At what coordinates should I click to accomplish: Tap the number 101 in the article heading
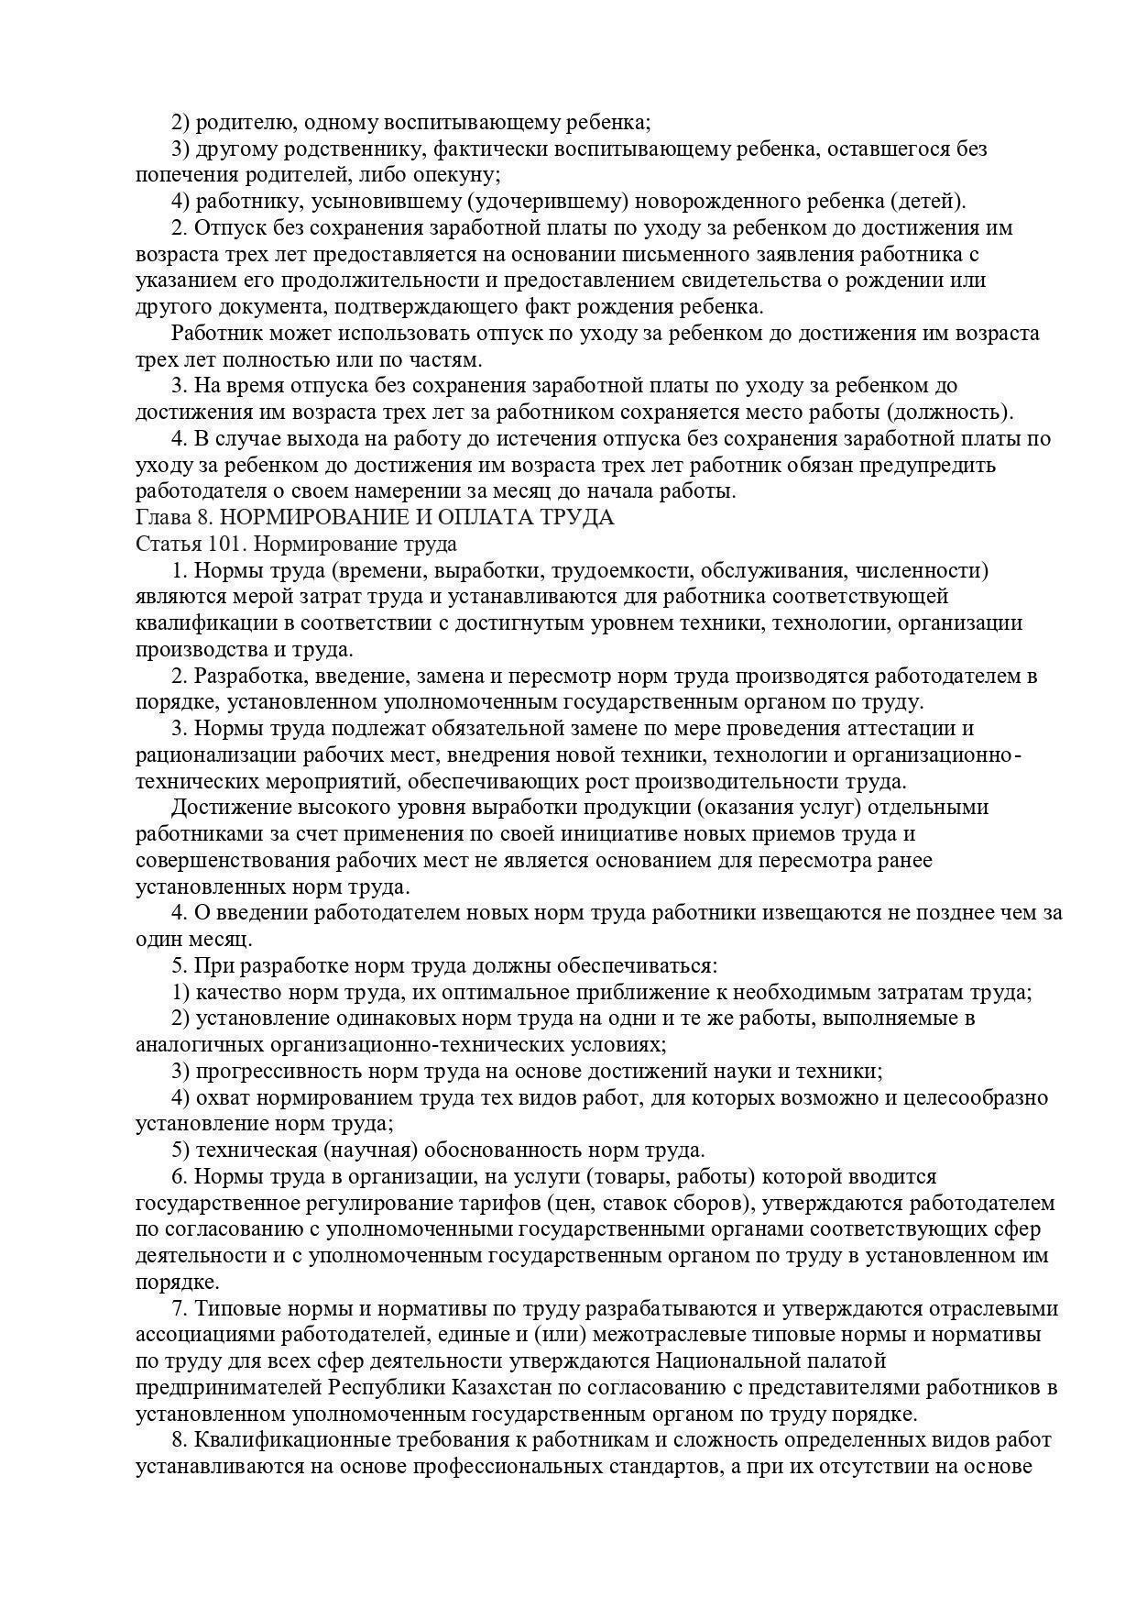pyautogui.click(x=224, y=544)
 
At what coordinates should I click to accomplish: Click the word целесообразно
pyautogui.click(x=976, y=1097)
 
